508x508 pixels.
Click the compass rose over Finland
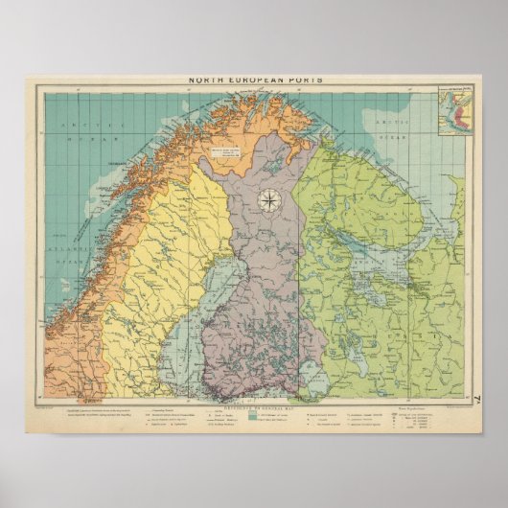click(x=268, y=200)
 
